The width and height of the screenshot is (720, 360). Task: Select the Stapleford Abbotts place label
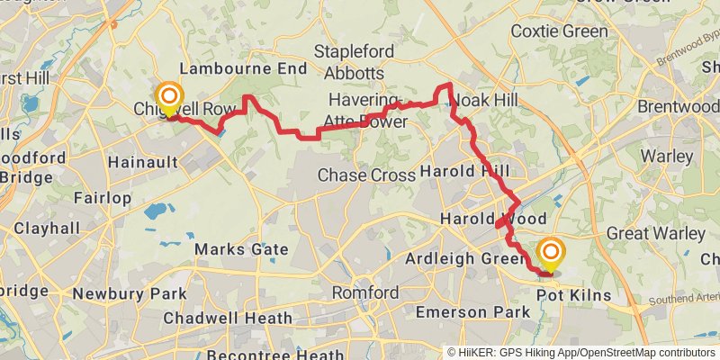coord(349,62)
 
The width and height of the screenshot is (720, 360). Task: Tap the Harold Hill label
coord(464,171)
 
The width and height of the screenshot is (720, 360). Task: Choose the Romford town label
coord(364,293)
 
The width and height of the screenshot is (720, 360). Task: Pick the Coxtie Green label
coord(553,31)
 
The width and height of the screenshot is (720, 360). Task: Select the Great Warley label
coord(655,233)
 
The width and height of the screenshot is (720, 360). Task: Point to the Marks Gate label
coord(241,249)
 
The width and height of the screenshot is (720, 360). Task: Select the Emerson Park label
coord(464,312)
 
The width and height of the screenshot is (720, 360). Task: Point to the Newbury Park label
coord(129,293)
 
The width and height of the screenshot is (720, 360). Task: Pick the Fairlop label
coord(103,197)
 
